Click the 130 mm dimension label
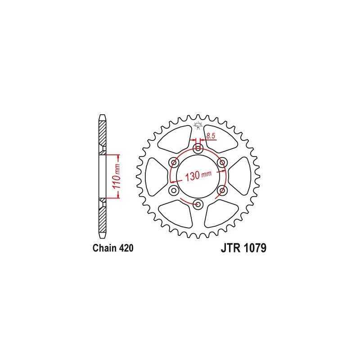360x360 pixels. [x=198, y=175]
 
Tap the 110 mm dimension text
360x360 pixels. [x=117, y=176]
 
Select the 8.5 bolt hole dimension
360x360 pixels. [x=210, y=136]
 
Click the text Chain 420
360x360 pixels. [x=113, y=248]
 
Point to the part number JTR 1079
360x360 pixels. [x=243, y=248]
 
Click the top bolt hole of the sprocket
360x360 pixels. [x=198, y=149]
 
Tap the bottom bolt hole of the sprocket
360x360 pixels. [x=198, y=204]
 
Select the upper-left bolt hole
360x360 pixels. [x=174, y=163]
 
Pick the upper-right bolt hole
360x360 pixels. [x=222, y=163]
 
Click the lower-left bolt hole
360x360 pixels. [x=174, y=190]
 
